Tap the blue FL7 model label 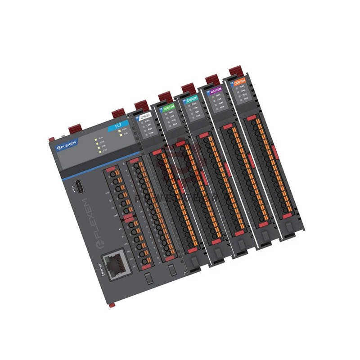[x=118, y=125]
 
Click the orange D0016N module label [x=238, y=84]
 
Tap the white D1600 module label [x=145, y=117]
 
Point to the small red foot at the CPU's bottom [x=112, y=305]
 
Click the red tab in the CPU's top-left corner [x=53, y=137]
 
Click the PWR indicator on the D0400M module [x=216, y=102]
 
